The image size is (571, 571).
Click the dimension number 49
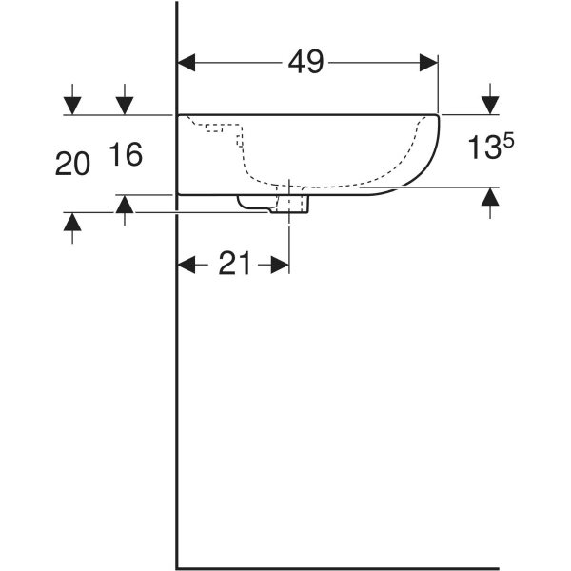[307, 63]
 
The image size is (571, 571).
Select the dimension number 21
[234, 265]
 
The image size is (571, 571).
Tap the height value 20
[72, 165]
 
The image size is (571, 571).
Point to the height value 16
[125, 154]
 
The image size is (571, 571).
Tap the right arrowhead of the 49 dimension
[429, 63]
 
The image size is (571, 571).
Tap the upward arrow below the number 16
[125, 204]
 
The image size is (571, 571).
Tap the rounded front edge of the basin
[433, 152]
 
